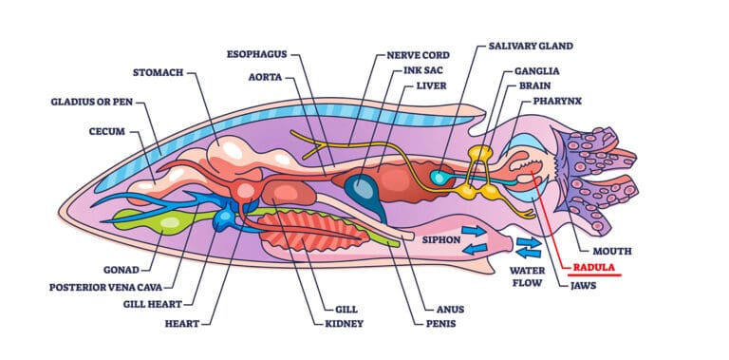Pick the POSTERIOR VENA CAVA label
pos(107,286)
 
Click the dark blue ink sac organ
pos(362,189)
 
